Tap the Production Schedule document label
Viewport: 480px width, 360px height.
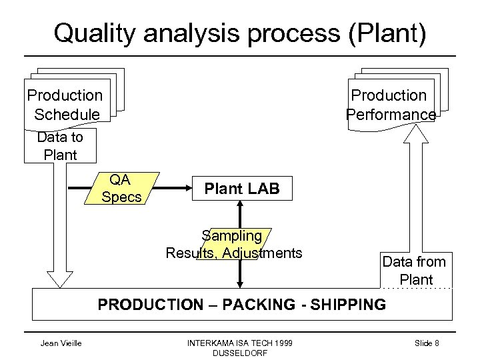65,105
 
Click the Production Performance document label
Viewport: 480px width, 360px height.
390,105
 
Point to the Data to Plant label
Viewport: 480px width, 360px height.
60,146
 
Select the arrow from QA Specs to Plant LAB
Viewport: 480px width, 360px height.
173,189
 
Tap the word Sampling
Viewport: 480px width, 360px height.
232,236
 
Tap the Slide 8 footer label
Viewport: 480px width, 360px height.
427,343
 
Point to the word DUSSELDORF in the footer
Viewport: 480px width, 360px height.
238,353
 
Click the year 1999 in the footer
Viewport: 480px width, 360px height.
279,343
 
